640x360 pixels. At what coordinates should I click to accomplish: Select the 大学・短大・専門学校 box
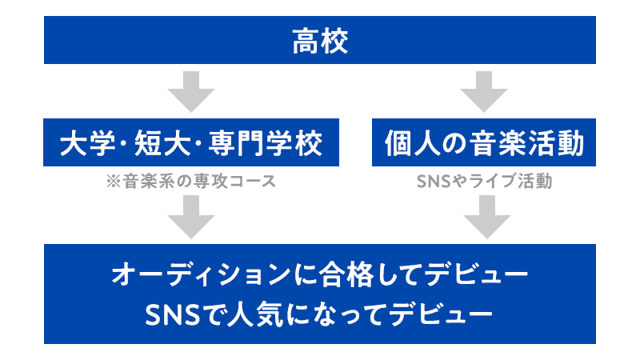pyautogui.click(x=191, y=144)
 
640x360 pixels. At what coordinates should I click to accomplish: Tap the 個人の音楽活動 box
pyautogui.click(x=485, y=144)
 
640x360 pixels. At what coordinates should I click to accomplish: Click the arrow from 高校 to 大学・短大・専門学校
pyautogui.click(x=191, y=90)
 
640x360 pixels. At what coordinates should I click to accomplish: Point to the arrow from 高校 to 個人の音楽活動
pyautogui.click(x=486, y=90)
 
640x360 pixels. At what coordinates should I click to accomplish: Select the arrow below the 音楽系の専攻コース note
pyautogui.click(x=191, y=216)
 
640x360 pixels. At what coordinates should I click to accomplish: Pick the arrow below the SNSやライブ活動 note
pyautogui.click(x=486, y=216)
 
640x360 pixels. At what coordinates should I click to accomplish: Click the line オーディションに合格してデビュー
pyautogui.click(x=320, y=275)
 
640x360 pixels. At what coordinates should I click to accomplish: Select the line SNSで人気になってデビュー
pyautogui.click(x=320, y=311)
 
